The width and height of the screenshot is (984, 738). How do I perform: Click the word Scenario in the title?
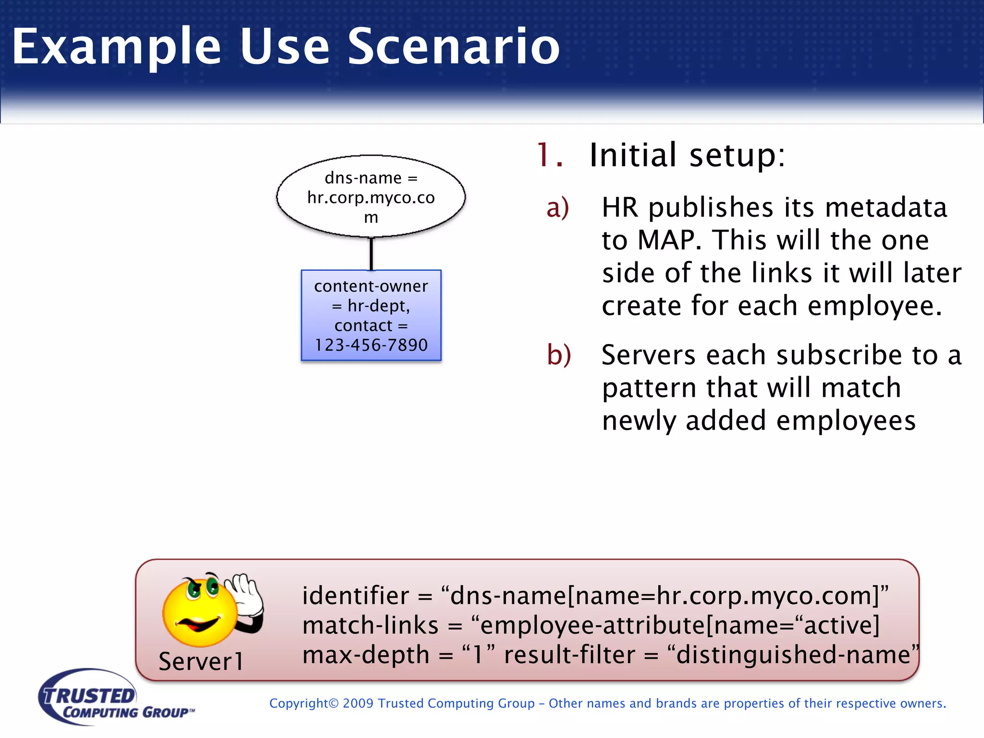pyautogui.click(x=454, y=46)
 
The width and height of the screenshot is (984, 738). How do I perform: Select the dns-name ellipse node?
pyautogui.click(x=371, y=197)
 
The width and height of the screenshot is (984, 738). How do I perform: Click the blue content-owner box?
pyautogui.click(x=371, y=315)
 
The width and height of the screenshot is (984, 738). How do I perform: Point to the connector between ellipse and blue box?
pyautogui.click(x=371, y=254)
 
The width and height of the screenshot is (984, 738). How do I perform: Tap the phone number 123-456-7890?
pyautogui.click(x=371, y=345)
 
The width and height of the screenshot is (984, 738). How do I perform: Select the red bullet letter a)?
pyautogui.click(x=558, y=208)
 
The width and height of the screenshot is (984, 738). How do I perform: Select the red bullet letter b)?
pyautogui.click(x=559, y=355)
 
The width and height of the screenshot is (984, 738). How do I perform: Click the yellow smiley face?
pyautogui.click(x=199, y=613)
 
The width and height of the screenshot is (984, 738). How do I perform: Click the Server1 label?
pyautogui.click(x=201, y=662)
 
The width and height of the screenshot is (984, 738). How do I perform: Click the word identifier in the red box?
pyautogui.click(x=355, y=596)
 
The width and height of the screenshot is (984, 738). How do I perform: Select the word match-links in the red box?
pyautogui.click(x=370, y=625)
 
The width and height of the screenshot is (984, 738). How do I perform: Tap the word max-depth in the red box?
pyautogui.click(x=366, y=655)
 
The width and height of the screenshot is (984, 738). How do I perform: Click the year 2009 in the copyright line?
pyautogui.click(x=358, y=703)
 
